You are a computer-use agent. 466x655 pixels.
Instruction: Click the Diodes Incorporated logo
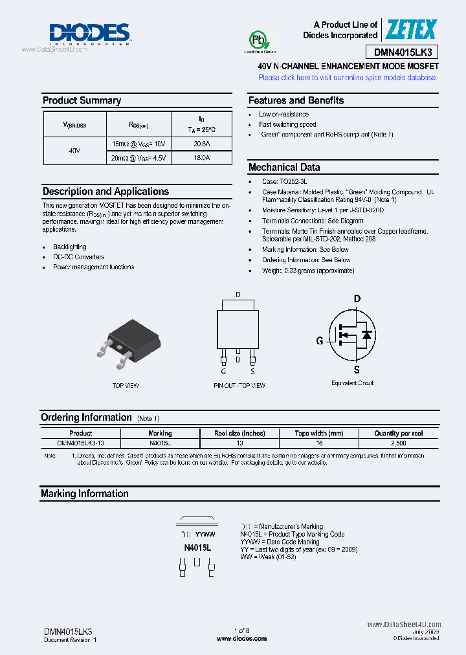[x=90, y=34]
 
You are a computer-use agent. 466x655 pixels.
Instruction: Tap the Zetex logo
[x=412, y=29]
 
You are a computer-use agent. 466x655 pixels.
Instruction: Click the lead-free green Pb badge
[x=260, y=42]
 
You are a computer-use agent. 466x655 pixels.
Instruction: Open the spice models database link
[x=348, y=78]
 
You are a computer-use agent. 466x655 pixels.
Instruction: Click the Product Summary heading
[x=82, y=100]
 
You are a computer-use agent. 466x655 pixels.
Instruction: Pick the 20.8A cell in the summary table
[x=201, y=144]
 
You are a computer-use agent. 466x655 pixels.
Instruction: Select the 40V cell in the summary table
[x=74, y=151]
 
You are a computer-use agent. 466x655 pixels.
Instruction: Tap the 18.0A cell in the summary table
[x=201, y=158]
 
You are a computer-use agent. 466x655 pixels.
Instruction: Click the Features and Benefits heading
[x=296, y=100]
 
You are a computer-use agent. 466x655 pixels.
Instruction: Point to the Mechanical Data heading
[x=284, y=167]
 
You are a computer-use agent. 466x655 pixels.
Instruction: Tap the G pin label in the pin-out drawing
[x=223, y=372]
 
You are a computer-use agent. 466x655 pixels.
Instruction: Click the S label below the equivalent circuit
[x=356, y=370]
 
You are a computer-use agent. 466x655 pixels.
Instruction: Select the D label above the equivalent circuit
[x=356, y=299]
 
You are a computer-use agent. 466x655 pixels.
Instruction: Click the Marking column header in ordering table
[x=160, y=433]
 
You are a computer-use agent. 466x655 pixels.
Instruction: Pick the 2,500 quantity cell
[x=398, y=443]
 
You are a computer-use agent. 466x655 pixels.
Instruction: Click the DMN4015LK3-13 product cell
[x=81, y=443]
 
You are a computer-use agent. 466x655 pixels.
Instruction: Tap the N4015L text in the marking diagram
[x=198, y=548]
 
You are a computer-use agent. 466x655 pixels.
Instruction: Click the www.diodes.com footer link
[x=234, y=639]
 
